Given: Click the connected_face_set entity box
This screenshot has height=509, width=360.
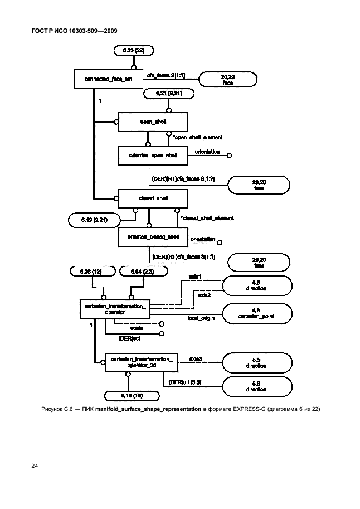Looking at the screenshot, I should pyautogui.click(x=109, y=79).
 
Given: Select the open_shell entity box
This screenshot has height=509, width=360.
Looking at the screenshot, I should pyautogui.click(x=153, y=122).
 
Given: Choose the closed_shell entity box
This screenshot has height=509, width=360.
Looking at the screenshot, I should pyautogui.click(x=153, y=198).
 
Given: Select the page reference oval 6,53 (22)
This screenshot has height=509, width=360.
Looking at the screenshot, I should pyautogui.click(x=134, y=51).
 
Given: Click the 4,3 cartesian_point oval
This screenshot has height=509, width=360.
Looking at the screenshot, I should pyautogui.click(x=257, y=314).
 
